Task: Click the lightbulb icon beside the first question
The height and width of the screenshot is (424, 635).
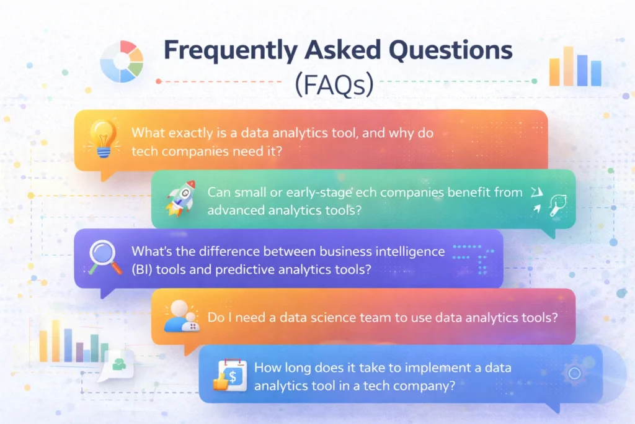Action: [x=100, y=138]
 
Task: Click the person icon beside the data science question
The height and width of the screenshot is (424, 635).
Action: [x=180, y=316]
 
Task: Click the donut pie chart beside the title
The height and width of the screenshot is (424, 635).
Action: [x=122, y=61]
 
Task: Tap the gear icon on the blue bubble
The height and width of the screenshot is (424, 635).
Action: [x=574, y=373]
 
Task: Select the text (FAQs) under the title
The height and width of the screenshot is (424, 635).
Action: [x=335, y=86]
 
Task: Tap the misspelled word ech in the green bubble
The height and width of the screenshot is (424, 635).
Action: [x=366, y=192]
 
